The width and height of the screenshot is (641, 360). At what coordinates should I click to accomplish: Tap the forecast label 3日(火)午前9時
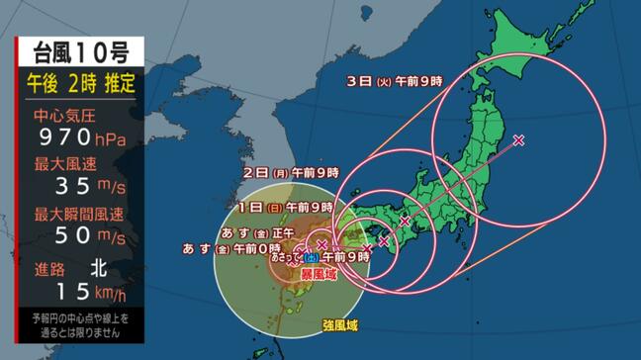coord(394,80)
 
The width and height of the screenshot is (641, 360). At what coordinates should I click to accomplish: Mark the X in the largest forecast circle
coord(518,140)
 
